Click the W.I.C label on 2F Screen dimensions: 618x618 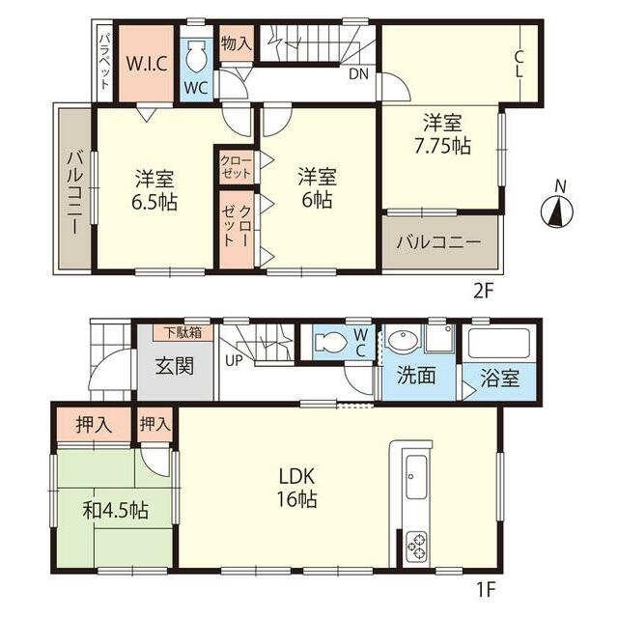tap(147, 64)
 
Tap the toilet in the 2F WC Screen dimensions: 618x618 tap(196, 56)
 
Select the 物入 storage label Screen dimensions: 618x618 tap(236, 42)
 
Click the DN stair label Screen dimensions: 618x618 tap(358, 73)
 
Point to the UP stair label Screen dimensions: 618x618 tap(234, 360)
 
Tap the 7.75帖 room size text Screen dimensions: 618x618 tap(442, 146)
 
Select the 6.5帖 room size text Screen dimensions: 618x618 tap(154, 203)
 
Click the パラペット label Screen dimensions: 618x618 tap(104, 62)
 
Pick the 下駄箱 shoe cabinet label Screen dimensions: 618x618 tap(183, 332)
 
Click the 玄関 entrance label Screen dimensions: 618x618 tap(175, 366)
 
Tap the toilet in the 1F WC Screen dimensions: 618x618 tap(331, 341)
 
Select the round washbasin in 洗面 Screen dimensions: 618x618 tap(404, 339)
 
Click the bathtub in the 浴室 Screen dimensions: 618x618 tap(498, 344)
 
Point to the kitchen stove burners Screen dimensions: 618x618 tap(417, 546)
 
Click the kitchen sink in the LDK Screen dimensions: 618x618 tap(416, 478)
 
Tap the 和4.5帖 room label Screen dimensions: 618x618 tap(116, 511)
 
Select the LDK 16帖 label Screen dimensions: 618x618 tap(296, 488)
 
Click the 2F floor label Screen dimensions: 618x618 tap(483, 291)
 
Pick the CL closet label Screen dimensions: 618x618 tap(519, 65)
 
